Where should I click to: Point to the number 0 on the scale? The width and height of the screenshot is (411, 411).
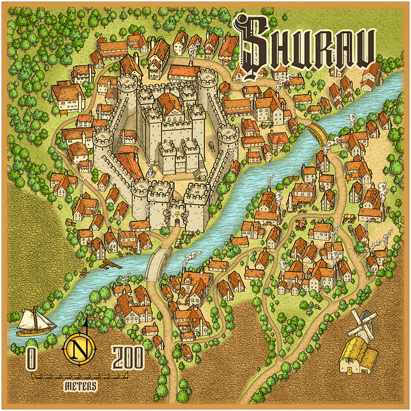[31, 357]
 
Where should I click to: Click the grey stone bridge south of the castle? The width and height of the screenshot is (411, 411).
[157, 261]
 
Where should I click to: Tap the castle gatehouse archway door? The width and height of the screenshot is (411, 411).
[174, 223]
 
